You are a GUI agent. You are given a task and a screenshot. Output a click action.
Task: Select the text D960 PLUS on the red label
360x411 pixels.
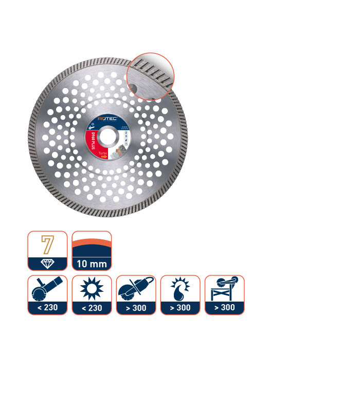point(92,139)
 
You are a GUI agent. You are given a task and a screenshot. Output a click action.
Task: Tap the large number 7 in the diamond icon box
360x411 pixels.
point(47,245)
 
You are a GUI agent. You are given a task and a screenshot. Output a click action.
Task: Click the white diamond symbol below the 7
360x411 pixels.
point(47,264)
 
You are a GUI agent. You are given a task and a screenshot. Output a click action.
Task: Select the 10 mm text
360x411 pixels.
point(92,265)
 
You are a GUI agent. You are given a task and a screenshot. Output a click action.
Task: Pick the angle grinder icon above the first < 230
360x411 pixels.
point(47,289)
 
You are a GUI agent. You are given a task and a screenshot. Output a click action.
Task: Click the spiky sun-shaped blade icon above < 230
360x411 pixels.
point(92,289)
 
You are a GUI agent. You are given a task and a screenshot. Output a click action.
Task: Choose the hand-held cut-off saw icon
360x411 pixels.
point(136,289)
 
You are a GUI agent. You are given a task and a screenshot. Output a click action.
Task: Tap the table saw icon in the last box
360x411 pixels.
point(224,289)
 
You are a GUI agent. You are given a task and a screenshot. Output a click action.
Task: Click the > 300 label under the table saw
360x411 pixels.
point(224,308)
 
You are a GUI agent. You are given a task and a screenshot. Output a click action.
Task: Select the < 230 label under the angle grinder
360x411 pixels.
point(47,308)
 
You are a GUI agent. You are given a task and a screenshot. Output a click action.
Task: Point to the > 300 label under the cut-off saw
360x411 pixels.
point(136,308)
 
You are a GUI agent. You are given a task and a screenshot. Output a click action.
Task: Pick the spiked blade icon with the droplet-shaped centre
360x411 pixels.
point(180,289)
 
